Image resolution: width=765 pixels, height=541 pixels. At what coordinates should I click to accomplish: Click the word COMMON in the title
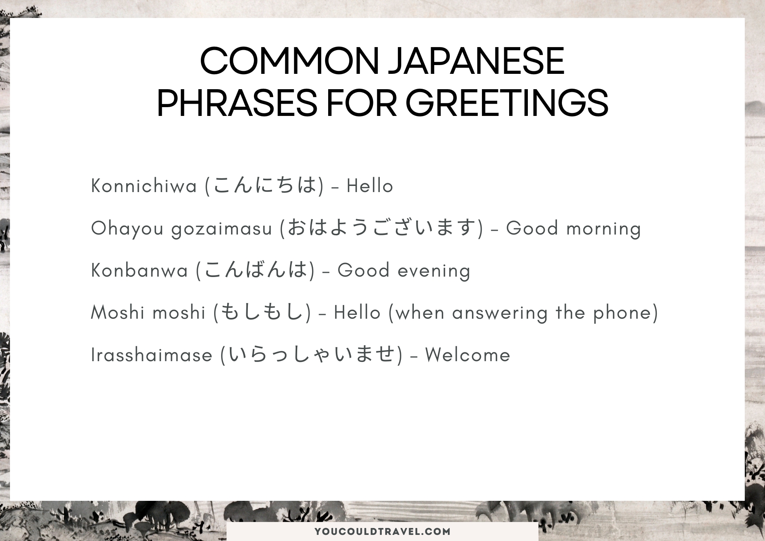click(289, 61)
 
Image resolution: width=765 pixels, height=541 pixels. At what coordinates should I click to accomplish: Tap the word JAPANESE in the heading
click(476, 61)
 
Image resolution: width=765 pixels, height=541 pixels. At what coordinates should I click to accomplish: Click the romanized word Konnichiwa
click(144, 186)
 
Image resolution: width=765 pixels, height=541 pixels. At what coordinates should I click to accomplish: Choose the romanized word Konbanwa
click(140, 270)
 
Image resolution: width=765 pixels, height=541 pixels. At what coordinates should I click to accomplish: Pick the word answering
click(500, 313)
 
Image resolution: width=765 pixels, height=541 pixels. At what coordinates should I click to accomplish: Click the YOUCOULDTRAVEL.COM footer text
click(382, 531)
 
